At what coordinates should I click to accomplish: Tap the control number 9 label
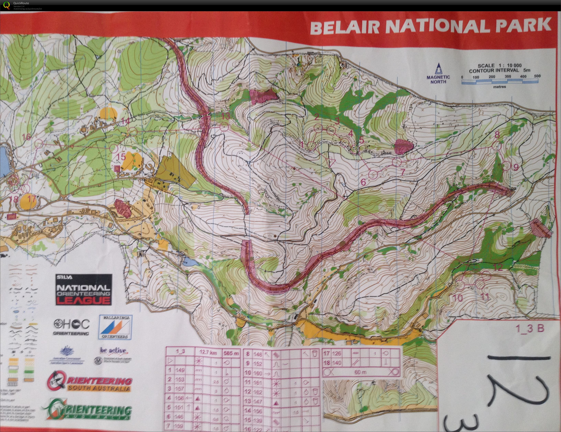pyautogui.click(x=516, y=167)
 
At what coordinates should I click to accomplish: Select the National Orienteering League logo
pyautogui.click(x=84, y=289)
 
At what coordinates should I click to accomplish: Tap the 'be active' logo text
pyautogui.click(x=113, y=350)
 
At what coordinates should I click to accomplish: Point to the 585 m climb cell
pyautogui.click(x=231, y=353)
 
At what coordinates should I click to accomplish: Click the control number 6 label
pyautogui.click(x=363, y=182)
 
